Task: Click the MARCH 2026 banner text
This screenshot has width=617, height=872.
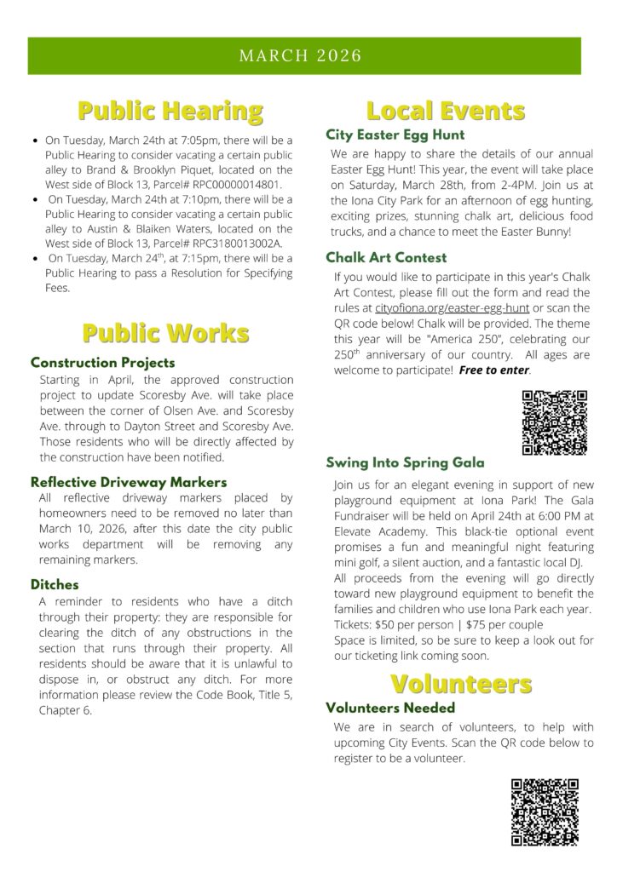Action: [x=300, y=56]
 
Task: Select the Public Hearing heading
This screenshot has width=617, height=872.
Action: [x=170, y=111]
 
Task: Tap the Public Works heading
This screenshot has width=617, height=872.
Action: [x=165, y=332]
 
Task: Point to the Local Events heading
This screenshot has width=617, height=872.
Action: [x=446, y=111]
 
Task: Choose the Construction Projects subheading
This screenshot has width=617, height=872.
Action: [x=102, y=363]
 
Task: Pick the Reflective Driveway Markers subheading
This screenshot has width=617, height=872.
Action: [x=129, y=482]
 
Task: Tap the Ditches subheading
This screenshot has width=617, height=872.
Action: [x=55, y=585]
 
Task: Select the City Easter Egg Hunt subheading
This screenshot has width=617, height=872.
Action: [x=395, y=135]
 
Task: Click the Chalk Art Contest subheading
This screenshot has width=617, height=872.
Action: [x=386, y=257]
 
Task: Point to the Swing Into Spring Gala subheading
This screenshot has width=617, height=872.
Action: [x=405, y=463]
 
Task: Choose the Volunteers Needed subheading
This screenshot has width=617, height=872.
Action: [x=390, y=708]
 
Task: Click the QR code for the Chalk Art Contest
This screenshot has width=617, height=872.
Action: [x=554, y=422]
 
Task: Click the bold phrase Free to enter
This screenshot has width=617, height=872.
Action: [x=494, y=370]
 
